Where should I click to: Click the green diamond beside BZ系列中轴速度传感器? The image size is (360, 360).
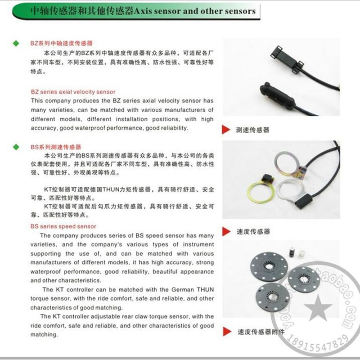16,44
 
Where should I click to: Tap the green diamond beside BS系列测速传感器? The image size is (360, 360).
16,147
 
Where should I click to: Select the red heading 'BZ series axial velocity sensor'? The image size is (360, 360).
73,92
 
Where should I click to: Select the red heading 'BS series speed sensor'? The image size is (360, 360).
63,226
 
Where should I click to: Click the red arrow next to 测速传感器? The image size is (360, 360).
227,130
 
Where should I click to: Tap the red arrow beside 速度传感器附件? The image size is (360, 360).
227,332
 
